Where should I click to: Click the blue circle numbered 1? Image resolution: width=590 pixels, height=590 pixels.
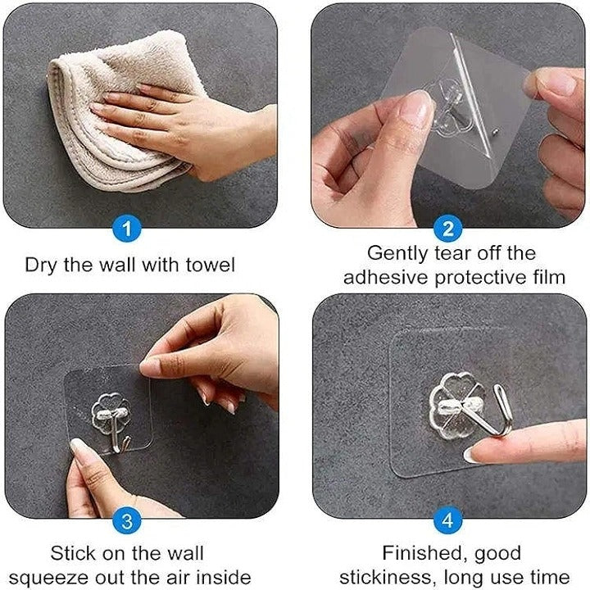point(127,229)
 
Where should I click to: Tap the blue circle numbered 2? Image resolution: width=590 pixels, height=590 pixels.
point(448,229)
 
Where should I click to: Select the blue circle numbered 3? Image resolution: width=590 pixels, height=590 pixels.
point(127,520)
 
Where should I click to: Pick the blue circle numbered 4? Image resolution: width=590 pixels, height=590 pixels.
point(448,520)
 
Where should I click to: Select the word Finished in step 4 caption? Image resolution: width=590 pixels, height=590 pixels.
point(420,553)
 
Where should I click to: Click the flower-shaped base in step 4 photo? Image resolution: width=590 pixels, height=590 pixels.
point(452,404)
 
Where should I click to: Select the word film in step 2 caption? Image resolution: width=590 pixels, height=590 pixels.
point(547,277)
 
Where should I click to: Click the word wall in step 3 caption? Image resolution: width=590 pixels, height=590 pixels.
point(181,553)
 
